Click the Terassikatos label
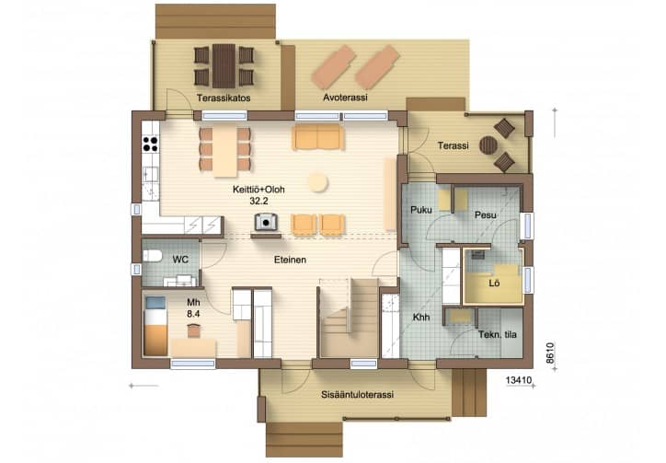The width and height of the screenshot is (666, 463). coord(224,98)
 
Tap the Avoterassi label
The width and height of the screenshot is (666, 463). coord(345,98)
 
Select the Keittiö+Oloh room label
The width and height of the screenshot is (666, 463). coord(258,190)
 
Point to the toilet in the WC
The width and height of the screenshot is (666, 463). coord(153,256)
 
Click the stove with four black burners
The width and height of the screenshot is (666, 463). coord(150,144)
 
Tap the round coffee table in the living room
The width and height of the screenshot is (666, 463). coord(317,182)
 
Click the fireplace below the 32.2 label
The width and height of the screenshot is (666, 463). coord(266,222)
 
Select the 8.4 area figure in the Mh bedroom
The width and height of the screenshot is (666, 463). coord(193,314)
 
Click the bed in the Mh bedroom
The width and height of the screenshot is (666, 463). coord(155,326)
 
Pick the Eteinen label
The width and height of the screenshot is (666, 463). coord(290,260)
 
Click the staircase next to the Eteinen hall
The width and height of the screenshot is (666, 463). coord(350,318)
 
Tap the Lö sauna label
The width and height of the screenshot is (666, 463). coord(494,284)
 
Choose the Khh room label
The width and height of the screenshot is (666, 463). coord(421,318)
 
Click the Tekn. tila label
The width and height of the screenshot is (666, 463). coord(498,335)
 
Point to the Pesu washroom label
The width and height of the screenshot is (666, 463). coord(486,215)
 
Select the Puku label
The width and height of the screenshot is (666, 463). coord(421,210)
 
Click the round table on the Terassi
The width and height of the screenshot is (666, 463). coord(488,145)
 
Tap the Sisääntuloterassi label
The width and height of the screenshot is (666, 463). coord(357,395)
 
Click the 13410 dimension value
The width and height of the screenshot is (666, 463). coord(519,380)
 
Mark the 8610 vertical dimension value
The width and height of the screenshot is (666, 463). coord(550,353)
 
